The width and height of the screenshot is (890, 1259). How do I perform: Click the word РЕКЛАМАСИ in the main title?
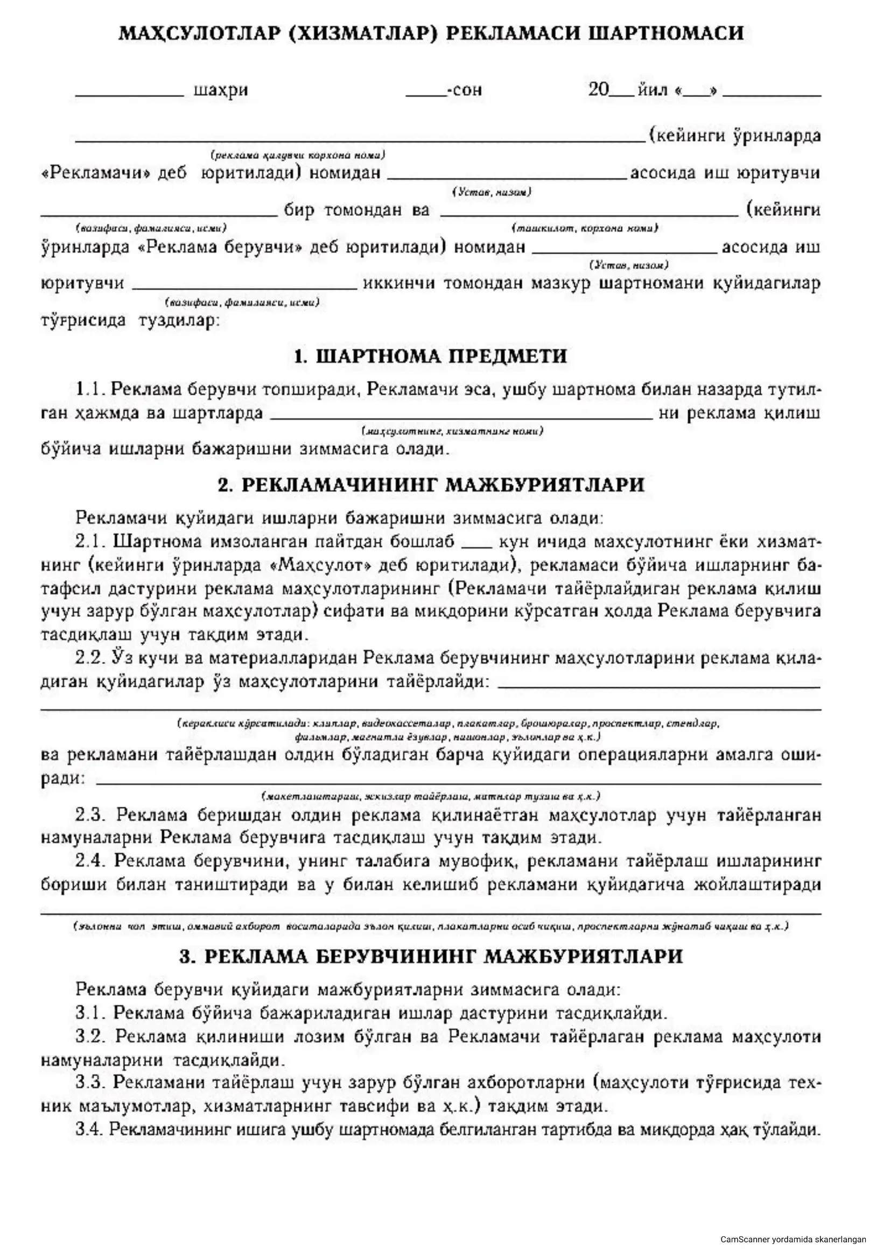point(513,33)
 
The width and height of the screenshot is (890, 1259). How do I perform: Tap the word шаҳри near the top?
point(220,90)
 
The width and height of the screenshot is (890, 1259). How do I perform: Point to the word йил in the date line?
point(652,89)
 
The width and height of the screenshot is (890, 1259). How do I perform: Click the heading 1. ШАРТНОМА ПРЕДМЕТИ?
point(431,356)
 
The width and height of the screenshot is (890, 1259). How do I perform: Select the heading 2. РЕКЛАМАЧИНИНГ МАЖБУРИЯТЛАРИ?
point(431,485)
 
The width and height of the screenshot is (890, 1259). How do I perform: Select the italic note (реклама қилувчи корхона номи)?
point(298,155)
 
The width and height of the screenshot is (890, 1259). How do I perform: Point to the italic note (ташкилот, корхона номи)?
point(585,228)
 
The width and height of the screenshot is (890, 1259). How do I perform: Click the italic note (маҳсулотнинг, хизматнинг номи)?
point(452,432)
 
